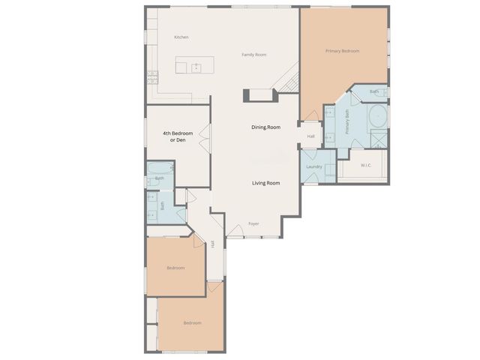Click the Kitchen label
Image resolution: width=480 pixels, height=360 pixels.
tap(181, 37)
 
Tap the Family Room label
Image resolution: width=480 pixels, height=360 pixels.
tap(254, 55)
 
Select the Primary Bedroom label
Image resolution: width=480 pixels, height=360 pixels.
tap(342, 51)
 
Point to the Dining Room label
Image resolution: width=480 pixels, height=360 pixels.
tap(265, 127)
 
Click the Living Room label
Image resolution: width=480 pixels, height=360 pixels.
tap(265, 183)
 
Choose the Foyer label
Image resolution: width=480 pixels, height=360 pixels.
tap(254, 223)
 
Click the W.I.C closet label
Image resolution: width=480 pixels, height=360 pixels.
tap(366, 165)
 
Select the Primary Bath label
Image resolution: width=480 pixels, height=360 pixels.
tap(347, 122)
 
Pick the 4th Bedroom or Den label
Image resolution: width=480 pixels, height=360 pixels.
tap(178, 137)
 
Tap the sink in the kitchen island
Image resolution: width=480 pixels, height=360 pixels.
tap(197, 67)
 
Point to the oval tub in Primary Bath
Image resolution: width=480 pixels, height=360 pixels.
tap(376, 116)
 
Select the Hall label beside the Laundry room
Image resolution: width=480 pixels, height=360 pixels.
tap(310, 136)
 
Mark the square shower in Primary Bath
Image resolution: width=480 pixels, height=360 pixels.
tap(380, 139)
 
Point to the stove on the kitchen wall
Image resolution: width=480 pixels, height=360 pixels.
tap(152, 75)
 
